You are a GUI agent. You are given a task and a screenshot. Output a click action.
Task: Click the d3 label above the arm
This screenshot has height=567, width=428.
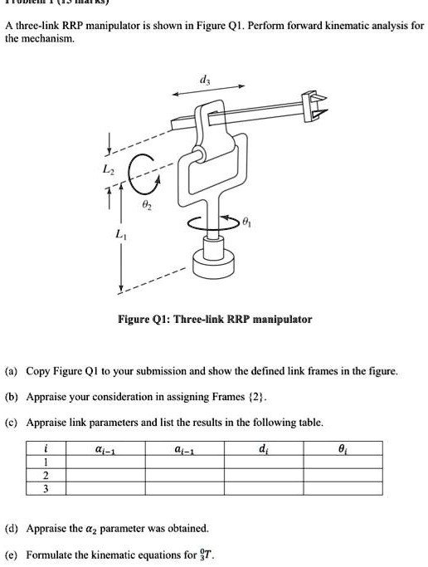(x=204, y=80)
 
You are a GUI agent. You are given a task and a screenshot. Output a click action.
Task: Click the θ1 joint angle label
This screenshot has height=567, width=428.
(x=246, y=222)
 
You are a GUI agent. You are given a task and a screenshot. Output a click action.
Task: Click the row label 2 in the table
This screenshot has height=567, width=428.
(x=46, y=476)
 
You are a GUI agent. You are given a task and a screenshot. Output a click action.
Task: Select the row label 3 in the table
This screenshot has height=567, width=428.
(x=46, y=489)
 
